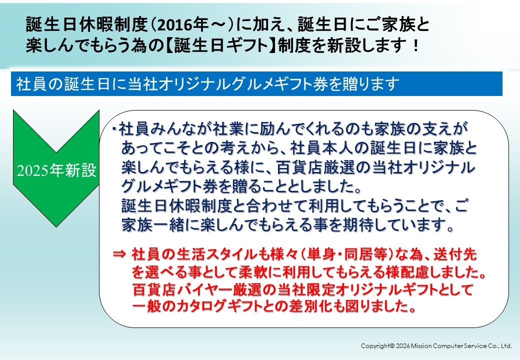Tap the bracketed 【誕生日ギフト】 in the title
220,45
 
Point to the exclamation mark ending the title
415,45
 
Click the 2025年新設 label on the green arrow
56,170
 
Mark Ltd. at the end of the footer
506,345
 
